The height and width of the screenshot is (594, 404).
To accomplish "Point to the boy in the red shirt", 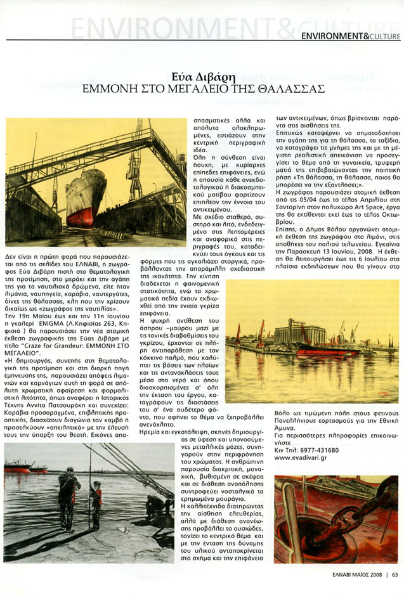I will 96,501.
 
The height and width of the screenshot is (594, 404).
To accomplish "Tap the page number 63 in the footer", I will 394,576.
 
